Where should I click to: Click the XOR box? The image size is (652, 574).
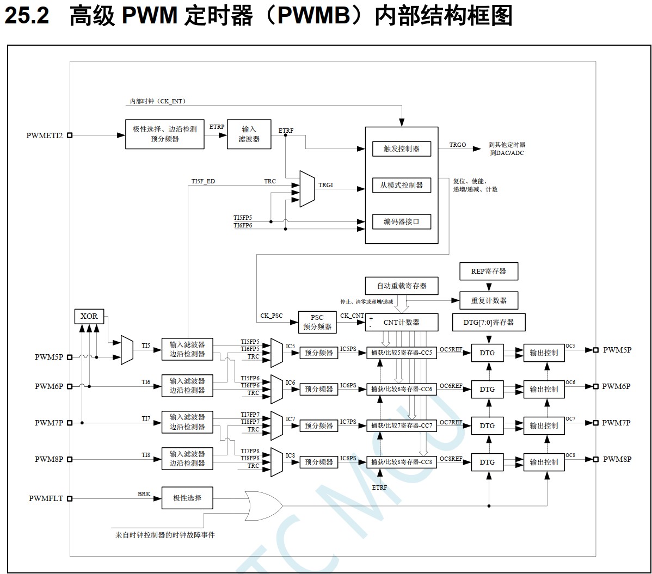pos(89,316)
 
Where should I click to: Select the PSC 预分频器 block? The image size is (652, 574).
pos(317,322)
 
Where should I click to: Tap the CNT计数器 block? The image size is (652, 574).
pos(401,322)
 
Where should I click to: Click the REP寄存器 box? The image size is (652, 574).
pos(488,271)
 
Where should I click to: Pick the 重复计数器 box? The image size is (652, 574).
pos(488,300)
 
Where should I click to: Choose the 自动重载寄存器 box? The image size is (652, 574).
pos(402,286)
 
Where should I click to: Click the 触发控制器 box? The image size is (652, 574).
pos(401,149)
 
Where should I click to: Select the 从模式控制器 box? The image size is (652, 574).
pos(401,185)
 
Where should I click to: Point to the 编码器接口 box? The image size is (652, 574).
pos(401,221)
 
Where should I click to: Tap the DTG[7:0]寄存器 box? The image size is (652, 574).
pos(488,322)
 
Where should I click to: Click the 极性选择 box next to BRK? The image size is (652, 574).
pos(187,498)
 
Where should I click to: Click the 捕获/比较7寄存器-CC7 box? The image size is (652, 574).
pos(401,425)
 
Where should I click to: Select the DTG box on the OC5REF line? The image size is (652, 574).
pos(488,353)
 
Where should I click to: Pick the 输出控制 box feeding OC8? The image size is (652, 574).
pos(544,462)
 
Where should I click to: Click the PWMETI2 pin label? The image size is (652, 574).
pos(45,135)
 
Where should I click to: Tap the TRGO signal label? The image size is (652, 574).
pos(458,145)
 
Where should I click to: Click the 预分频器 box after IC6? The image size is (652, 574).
pos(318,389)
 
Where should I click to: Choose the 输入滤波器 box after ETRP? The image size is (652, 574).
pos(249,134)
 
